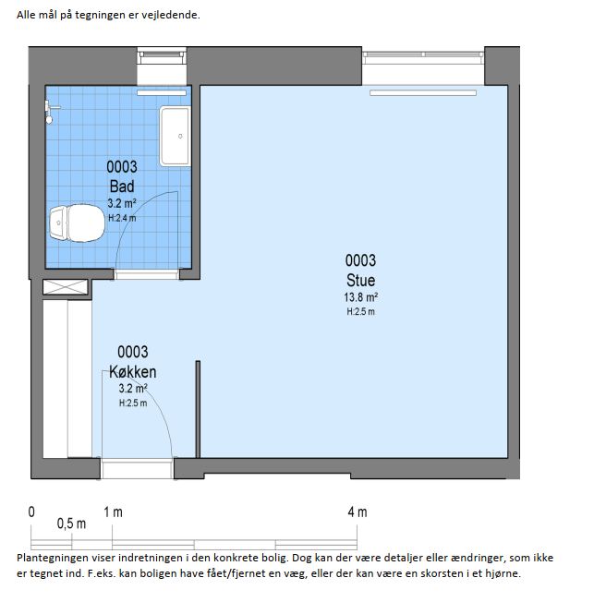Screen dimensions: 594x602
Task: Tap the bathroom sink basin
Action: click(176, 137)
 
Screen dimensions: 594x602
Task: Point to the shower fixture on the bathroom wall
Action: click(50, 112)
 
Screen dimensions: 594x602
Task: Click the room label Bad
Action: click(122, 187)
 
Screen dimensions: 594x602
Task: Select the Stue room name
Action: click(360, 281)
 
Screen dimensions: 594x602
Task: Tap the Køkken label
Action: click(132, 372)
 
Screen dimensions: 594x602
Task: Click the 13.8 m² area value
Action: click(360, 297)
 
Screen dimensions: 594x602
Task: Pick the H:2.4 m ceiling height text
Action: click(122, 218)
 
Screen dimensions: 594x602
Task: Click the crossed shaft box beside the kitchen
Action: click(66, 287)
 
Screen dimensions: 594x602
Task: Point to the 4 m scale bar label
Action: click(358, 512)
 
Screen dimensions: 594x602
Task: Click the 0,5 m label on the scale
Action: click(71, 524)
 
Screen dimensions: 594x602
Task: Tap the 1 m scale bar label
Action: click(113, 512)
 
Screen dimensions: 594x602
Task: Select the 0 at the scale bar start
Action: click(31, 512)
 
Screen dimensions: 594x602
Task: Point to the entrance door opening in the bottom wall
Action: click(137, 468)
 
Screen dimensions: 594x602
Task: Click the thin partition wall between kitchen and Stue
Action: click(198, 409)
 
